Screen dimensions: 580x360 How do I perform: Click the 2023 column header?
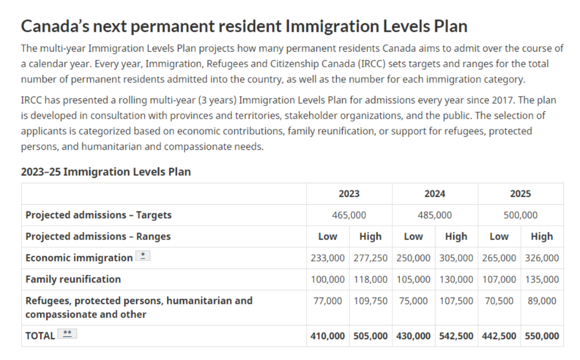pos(349,193)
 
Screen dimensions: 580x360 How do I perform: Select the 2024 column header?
pos(434,193)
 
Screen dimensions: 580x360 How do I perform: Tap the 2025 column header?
pos(520,193)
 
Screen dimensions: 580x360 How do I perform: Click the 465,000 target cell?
pos(349,215)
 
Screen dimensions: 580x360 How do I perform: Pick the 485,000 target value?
pos(434,215)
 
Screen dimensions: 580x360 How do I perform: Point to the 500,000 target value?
pos(520,215)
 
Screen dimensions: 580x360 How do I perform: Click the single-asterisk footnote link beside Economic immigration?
pos(143,256)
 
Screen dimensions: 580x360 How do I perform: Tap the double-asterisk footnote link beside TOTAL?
pos(67,334)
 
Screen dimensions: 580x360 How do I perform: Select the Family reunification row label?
pos(73,279)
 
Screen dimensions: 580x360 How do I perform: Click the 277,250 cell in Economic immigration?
pos(370,258)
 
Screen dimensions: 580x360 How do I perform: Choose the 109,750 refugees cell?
pos(370,301)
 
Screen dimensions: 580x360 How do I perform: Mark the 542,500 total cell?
pos(456,336)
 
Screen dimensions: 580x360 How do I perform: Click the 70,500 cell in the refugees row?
pos(499,301)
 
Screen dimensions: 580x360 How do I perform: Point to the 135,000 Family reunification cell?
pos(542,279)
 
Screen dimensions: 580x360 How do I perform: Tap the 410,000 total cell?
pos(328,336)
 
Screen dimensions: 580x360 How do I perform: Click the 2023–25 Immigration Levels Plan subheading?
pos(106,172)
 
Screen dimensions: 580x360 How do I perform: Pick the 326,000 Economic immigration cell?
pos(542,258)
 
